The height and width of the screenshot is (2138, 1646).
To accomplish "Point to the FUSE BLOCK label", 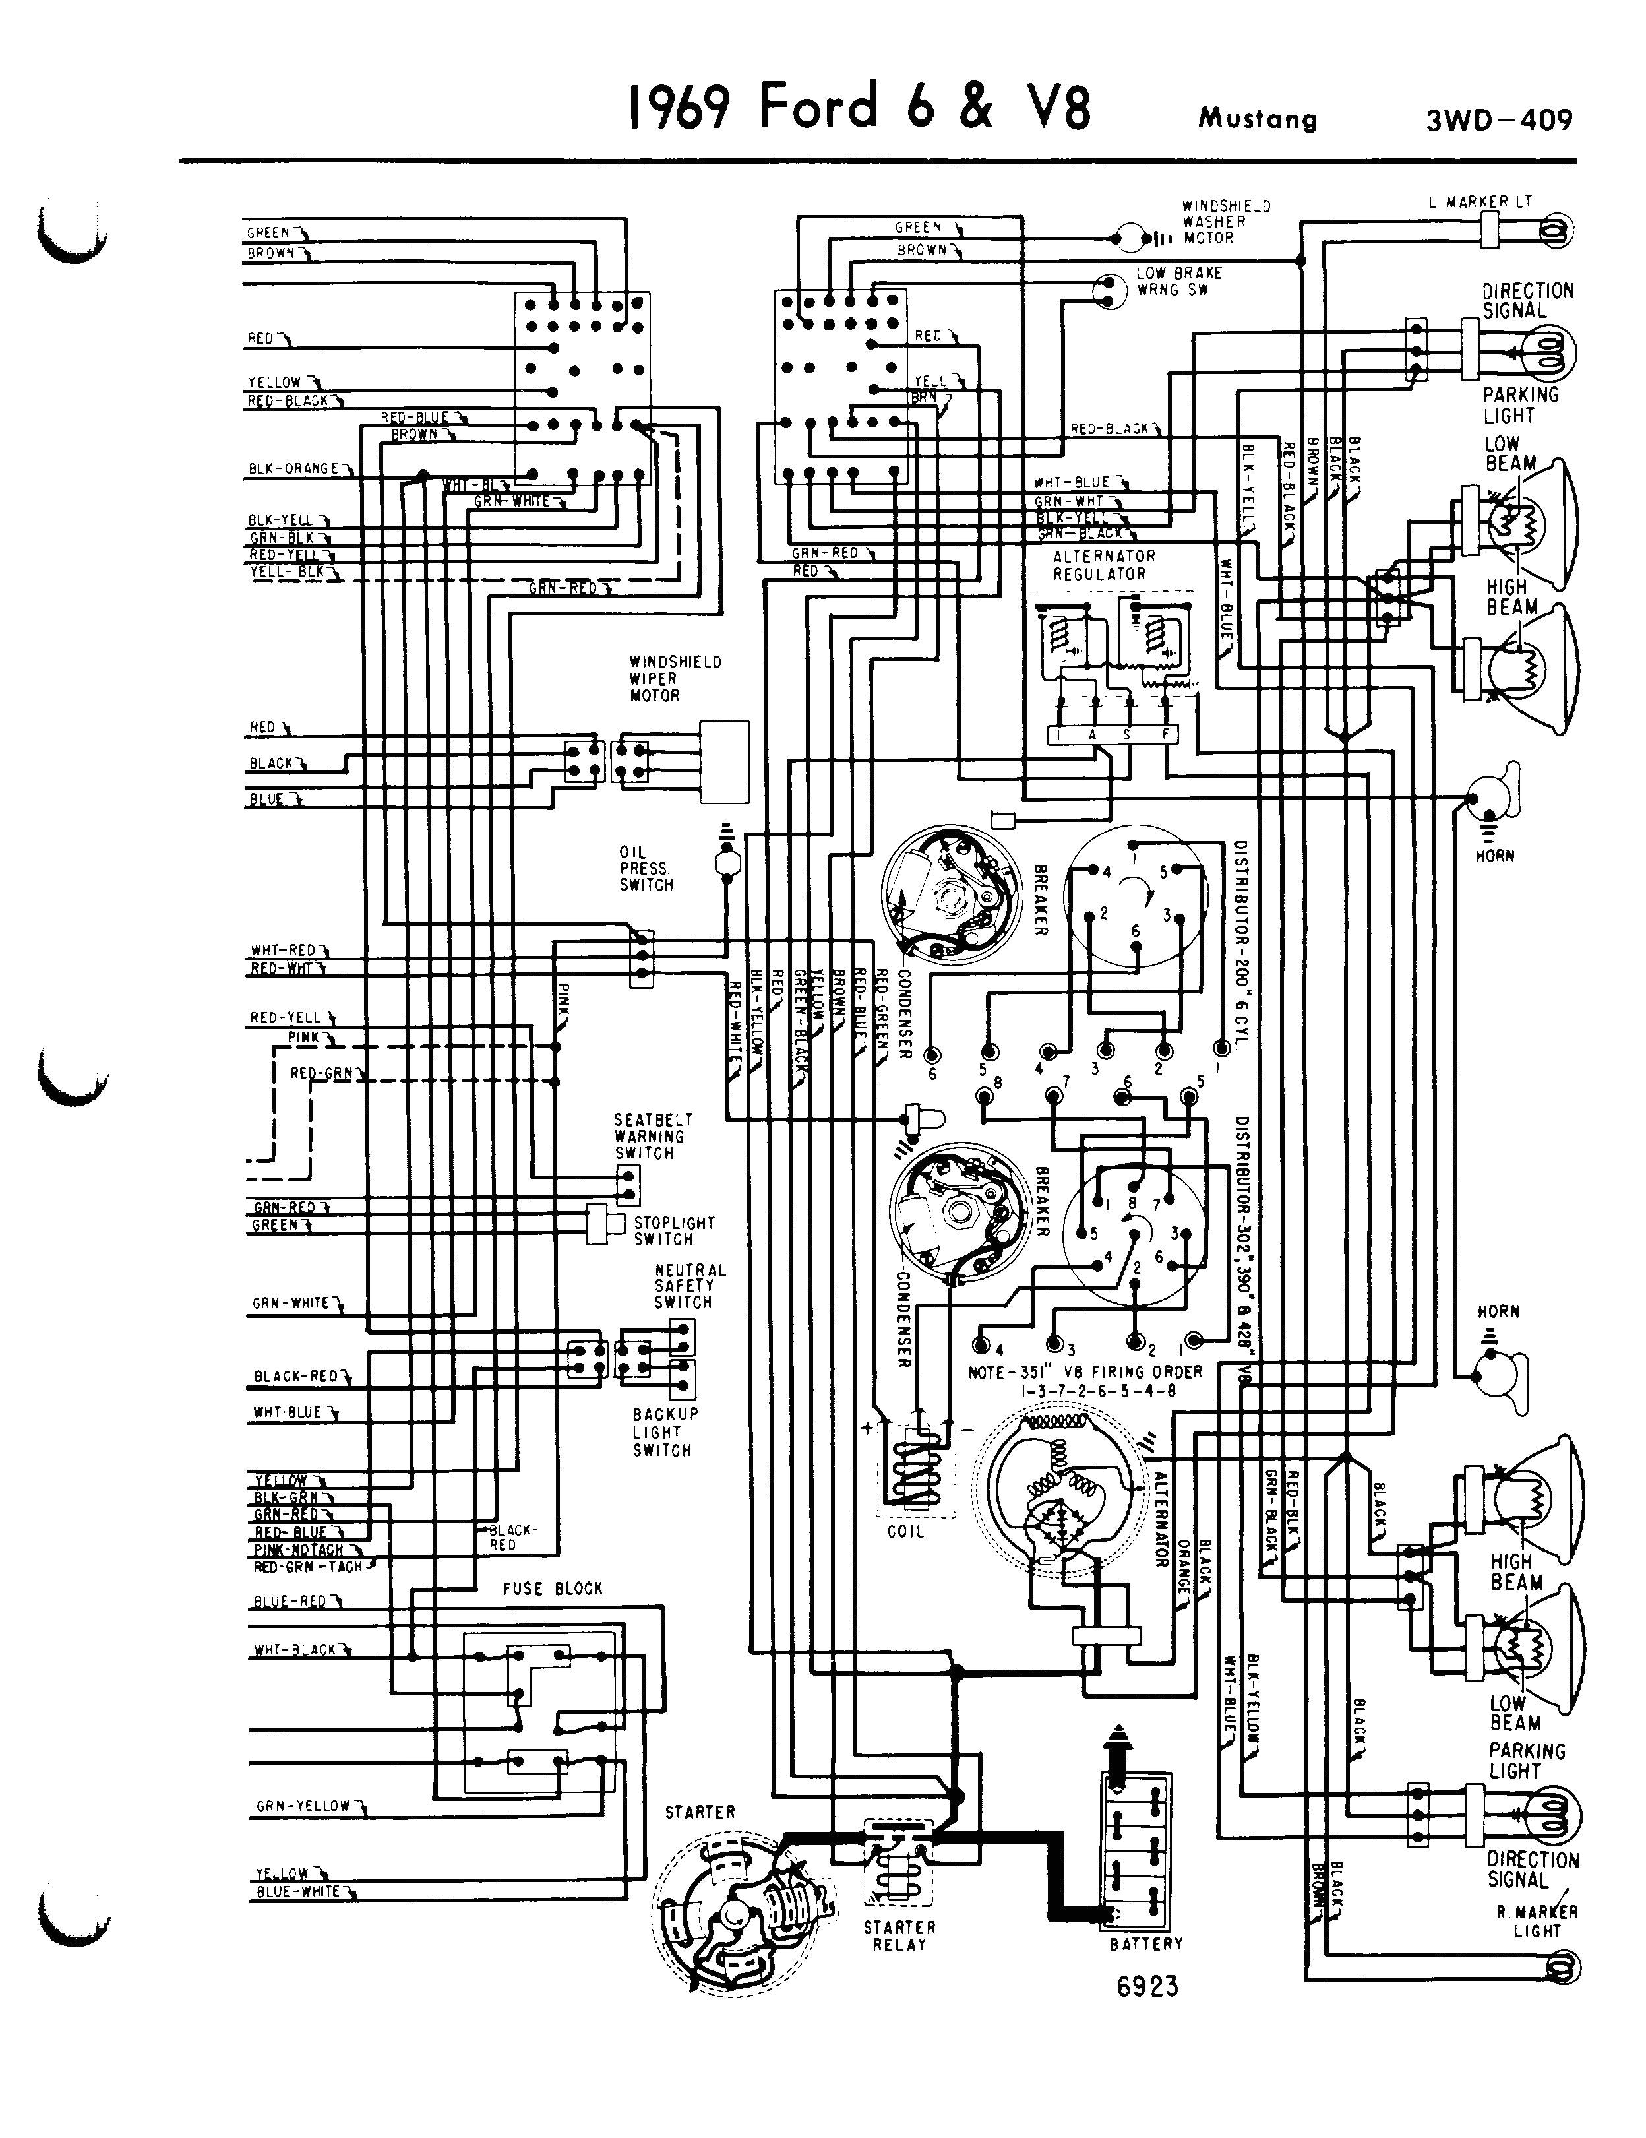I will pyautogui.click(x=553, y=1588).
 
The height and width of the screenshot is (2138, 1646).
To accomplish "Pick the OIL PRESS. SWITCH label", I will pyautogui.click(x=646, y=868).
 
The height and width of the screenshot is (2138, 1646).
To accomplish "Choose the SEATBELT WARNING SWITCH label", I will pyautogui.click(x=653, y=1135).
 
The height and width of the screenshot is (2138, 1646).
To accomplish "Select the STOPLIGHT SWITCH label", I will pyautogui.click(x=673, y=1230).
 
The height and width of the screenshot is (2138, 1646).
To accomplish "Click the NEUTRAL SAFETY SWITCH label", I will pyautogui.click(x=690, y=1285).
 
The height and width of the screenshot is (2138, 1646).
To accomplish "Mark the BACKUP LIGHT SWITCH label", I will pyautogui.click(x=665, y=1431).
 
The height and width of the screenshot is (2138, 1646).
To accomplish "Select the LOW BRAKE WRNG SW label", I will pyautogui.click(x=1178, y=282).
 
